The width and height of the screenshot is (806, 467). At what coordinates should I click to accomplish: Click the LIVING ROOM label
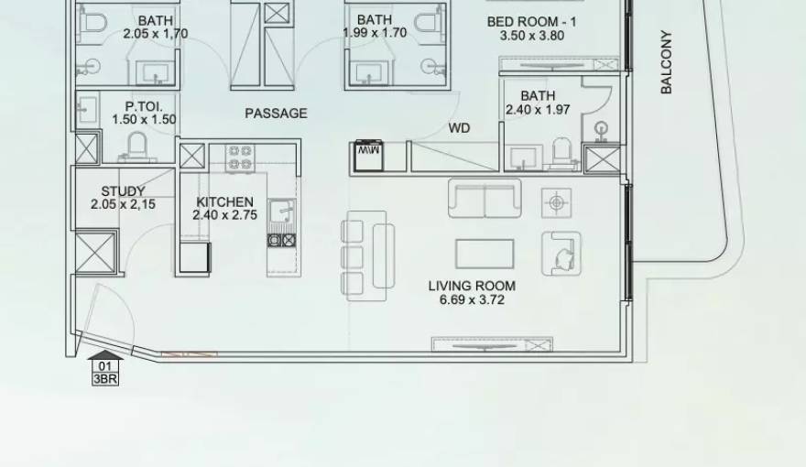[x=472, y=286]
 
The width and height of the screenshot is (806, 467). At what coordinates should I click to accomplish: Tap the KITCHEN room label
[x=224, y=202]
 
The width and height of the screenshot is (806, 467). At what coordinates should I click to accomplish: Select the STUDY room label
[x=123, y=191]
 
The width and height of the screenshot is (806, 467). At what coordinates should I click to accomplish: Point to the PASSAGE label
[x=276, y=114]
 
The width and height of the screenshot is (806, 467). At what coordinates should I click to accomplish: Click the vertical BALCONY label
[x=666, y=62]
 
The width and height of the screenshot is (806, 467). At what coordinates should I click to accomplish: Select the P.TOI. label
[x=144, y=106]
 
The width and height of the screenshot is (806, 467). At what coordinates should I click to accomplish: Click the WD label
[x=459, y=128]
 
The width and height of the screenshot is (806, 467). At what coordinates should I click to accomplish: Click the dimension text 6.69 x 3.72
[x=472, y=299]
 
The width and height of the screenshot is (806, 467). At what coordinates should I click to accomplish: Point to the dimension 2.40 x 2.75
[x=224, y=215]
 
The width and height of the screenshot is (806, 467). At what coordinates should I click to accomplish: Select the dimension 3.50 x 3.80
[x=531, y=36]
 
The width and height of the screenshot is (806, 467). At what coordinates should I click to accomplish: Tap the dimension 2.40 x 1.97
[x=538, y=110]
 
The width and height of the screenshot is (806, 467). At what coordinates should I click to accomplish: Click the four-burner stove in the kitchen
[x=240, y=157]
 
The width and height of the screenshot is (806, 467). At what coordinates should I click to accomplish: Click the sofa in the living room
[x=484, y=198]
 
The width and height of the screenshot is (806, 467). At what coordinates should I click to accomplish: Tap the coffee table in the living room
[x=485, y=253]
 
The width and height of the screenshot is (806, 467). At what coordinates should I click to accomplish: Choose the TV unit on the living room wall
[x=492, y=344]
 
